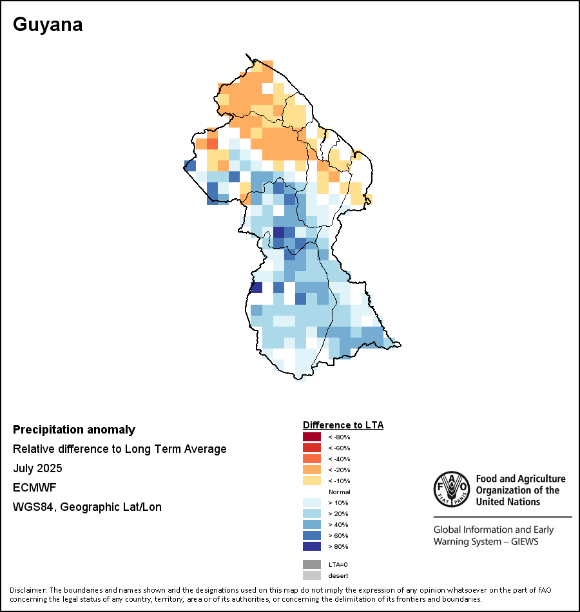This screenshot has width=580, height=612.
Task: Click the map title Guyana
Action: point(48,25)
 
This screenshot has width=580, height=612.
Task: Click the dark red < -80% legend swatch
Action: point(312,437)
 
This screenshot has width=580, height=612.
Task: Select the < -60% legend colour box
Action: point(312,448)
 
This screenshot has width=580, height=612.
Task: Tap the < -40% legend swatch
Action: point(312,459)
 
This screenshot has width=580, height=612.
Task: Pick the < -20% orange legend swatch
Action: point(312,470)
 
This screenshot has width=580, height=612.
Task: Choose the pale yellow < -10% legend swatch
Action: point(312,481)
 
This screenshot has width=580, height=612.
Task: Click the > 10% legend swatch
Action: point(312,502)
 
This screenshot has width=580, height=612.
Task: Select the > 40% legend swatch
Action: point(312,524)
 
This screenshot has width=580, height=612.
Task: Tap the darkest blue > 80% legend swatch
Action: point(312,546)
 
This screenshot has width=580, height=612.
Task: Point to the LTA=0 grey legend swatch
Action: point(312,564)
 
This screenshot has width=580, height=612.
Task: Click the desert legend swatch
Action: point(312,575)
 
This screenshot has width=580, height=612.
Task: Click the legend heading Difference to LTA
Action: point(343,425)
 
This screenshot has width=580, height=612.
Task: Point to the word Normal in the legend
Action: point(339,492)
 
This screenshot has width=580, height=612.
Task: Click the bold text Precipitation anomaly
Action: point(74,430)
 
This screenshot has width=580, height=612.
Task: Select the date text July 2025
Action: point(37,468)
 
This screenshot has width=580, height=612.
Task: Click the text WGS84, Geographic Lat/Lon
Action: point(87,507)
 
